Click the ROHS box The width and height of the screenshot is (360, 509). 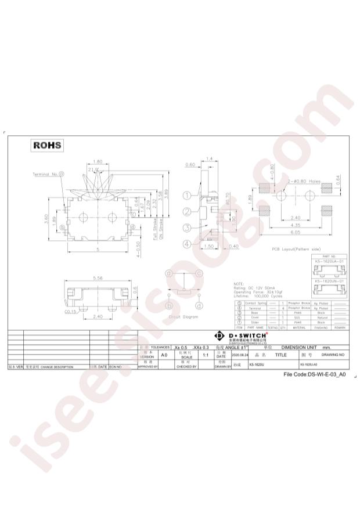(x=46, y=145)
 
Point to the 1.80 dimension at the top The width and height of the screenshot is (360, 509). (x=98, y=162)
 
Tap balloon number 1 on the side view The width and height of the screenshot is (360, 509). (x=187, y=196)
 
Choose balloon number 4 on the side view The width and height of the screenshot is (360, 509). (x=187, y=244)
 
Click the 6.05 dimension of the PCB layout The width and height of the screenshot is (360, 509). (x=296, y=232)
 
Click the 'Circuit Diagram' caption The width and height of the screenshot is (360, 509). (x=183, y=317)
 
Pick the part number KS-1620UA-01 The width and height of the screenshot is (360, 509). (x=329, y=262)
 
